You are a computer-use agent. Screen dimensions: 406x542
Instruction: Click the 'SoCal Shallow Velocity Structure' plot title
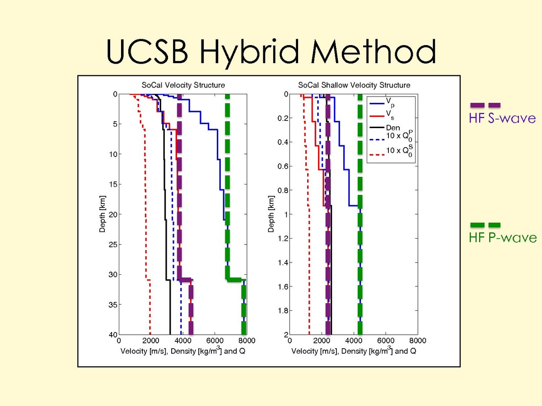(x=354, y=85)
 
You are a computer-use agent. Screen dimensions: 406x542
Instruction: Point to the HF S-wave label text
(x=502, y=119)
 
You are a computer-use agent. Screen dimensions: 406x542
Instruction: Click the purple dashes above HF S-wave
(x=486, y=105)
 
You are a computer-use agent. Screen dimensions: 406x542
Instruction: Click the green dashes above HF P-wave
(x=486, y=225)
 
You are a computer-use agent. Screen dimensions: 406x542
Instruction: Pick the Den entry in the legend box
(x=393, y=128)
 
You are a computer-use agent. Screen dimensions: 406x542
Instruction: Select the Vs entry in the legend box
(x=391, y=115)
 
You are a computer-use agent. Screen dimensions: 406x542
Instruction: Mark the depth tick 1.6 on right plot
(x=284, y=286)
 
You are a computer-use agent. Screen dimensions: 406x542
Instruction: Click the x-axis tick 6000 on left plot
(x=215, y=341)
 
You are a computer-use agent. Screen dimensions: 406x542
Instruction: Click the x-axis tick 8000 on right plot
(x=417, y=341)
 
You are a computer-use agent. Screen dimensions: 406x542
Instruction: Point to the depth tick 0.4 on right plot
(x=284, y=143)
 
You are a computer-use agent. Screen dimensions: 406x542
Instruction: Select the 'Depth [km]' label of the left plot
(x=102, y=215)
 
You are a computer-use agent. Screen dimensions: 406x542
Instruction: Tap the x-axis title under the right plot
(x=354, y=351)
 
